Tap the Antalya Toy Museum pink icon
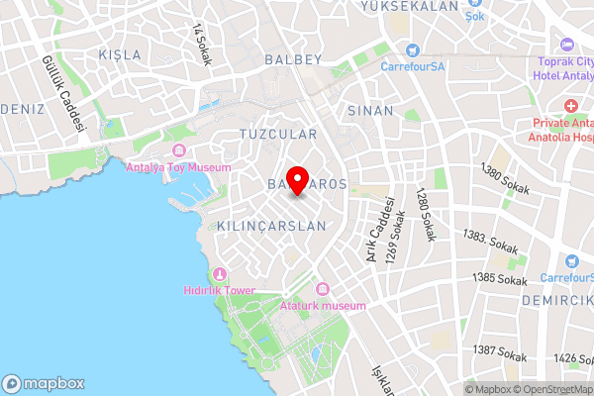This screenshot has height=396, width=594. pos(179,150)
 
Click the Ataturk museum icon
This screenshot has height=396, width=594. pos(322,289)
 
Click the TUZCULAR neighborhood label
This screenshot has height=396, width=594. pos(278,133)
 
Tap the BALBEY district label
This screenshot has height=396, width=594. pos(294,59)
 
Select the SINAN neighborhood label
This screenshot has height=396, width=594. pos(371,111)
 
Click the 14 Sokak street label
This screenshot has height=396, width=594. pos(204,39)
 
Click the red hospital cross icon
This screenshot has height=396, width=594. pos(571,106)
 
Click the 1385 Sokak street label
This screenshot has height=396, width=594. pos(500,279)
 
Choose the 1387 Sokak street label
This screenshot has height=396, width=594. pos(498,350)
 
